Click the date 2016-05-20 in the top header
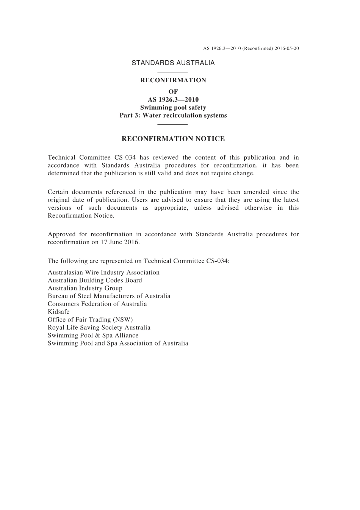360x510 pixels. [286, 49]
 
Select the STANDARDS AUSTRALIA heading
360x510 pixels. [173, 63]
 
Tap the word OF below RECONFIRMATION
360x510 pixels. [173, 92]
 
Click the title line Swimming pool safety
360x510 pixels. [173, 108]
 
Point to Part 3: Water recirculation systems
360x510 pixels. [173, 116]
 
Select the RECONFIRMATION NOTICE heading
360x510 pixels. [173, 139]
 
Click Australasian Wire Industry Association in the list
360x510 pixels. [103, 273]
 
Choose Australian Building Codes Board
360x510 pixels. [95, 281]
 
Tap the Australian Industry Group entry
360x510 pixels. [85, 288]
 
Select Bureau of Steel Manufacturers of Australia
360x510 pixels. [109, 296]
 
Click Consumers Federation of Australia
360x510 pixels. [97, 304]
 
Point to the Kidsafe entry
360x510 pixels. [59, 312]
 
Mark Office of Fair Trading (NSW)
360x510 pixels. [90, 320]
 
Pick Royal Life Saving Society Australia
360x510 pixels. [99, 328]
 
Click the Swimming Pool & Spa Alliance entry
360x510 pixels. [93, 336]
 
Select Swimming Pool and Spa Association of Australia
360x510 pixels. [118, 344]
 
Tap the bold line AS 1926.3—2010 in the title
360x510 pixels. [173, 100]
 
